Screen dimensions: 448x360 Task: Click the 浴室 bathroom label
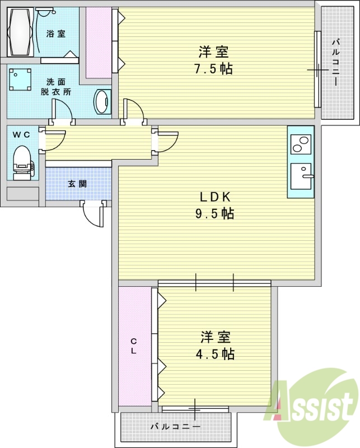[x=55, y=34]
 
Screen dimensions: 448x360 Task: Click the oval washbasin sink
[x=102, y=102]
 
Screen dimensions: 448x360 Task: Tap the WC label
[x=21, y=134]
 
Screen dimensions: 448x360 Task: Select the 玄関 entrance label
[x=78, y=183]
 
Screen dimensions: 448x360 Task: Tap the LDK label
[x=216, y=197]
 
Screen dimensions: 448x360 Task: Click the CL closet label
[x=134, y=346]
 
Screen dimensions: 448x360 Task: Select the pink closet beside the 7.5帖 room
[x=99, y=42]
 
